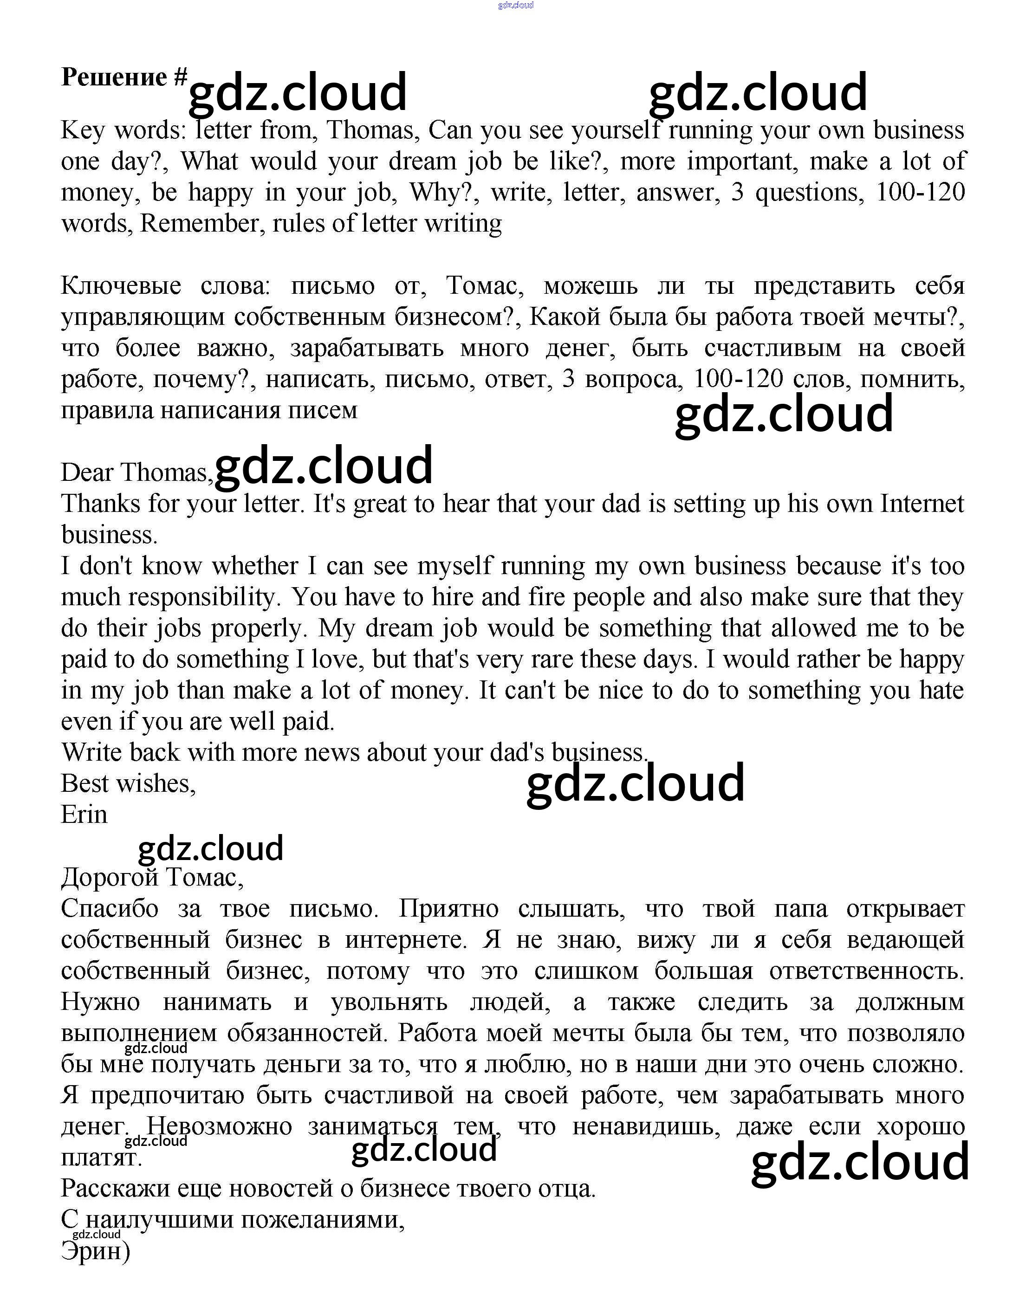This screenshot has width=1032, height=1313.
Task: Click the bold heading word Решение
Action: (114, 78)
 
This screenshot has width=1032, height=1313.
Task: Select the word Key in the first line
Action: (83, 130)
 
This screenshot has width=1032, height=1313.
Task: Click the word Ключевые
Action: (121, 286)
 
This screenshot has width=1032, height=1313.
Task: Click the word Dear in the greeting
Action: (88, 472)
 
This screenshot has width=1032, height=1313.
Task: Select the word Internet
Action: (922, 504)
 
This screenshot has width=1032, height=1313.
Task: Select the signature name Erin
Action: (84, 815)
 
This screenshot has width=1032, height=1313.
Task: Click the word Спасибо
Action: (110, 908)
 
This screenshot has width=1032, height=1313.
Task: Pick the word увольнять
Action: (389, 1002)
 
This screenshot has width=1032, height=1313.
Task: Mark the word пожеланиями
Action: (323, 1220)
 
